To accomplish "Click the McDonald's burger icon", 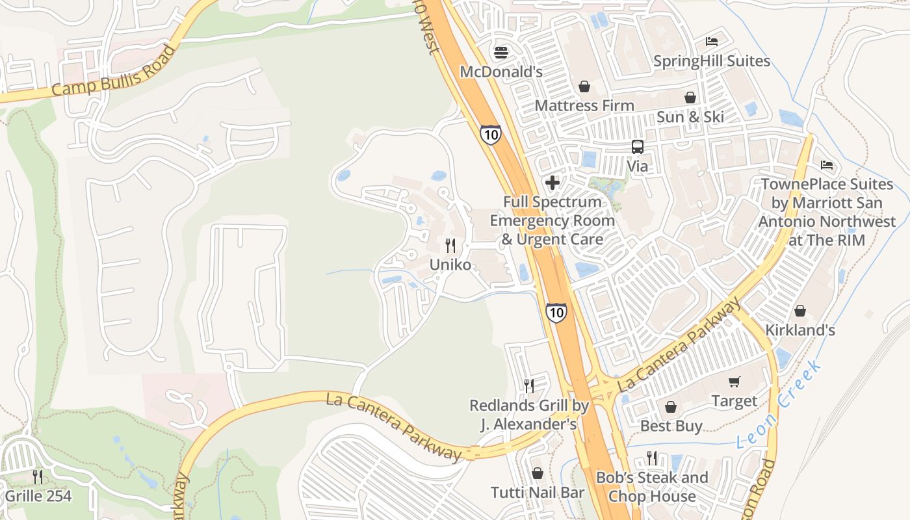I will (x=500, y=51).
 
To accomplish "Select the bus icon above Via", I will (x=638, y=147).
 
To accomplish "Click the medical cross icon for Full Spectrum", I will (x=552, y=183).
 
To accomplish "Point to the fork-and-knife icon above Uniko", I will (x=450, y=246).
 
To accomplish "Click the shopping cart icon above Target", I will (x=734, y=382).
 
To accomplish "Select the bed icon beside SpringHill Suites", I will (x=712, y=42).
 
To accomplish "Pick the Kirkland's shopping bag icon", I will (x=800, y=311).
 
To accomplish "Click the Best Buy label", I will (x=671, y=426).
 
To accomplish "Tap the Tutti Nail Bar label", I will (x=538, y=493).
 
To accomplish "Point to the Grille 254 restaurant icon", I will (x=38, y=478).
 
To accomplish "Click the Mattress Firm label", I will (x=584, y=105).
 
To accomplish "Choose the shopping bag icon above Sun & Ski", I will (x=690, y=97).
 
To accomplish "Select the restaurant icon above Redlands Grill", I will (x=529, y=386).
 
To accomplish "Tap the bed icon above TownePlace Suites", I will (x=827, y=164).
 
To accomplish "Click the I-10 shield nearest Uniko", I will (x=556, y=313).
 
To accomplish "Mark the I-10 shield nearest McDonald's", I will (x=491, y=135).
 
